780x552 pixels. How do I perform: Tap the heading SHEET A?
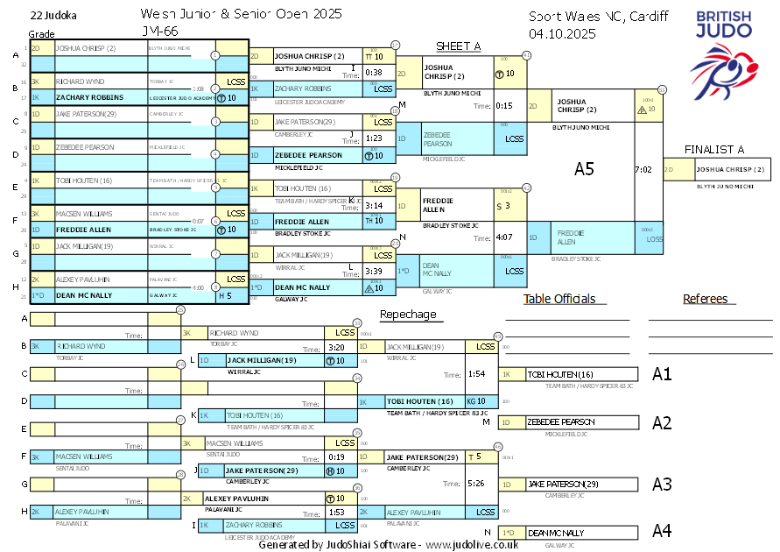[459, 46]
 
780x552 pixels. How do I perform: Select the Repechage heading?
[407, 314]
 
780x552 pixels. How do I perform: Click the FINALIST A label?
[714, 149]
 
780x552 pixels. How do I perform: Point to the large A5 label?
[584, 169]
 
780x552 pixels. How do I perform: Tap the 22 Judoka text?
[52, 16]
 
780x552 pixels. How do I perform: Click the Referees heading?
[706, 299]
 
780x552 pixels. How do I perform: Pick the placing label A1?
[662, 374]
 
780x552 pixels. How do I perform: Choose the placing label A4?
[662, 530]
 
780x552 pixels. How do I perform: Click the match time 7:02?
[643, 169]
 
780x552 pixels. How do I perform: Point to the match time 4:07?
[503, 237]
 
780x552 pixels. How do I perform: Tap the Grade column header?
[41, 32]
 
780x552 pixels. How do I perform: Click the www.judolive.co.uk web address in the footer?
[472, 544]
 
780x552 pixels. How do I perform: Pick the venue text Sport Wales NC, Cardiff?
[598, 16]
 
